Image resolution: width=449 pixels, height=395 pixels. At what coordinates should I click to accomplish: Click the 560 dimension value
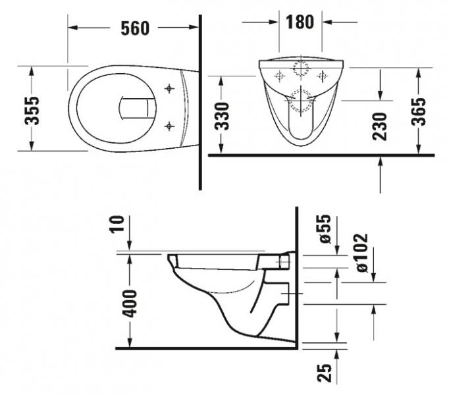click(x=135, y=28)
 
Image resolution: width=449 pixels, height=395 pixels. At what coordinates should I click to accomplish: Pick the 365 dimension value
click(x=421, y=112)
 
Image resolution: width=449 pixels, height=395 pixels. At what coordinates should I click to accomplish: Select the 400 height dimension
click(x=131, y=302)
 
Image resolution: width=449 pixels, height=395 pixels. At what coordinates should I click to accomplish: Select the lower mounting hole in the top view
click(x=170, y=124)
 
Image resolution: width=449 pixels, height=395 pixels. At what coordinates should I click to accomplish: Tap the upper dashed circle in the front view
click(x=301, y=69)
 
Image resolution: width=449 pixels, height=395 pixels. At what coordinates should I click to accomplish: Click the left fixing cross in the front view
click(x=278, y=74)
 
